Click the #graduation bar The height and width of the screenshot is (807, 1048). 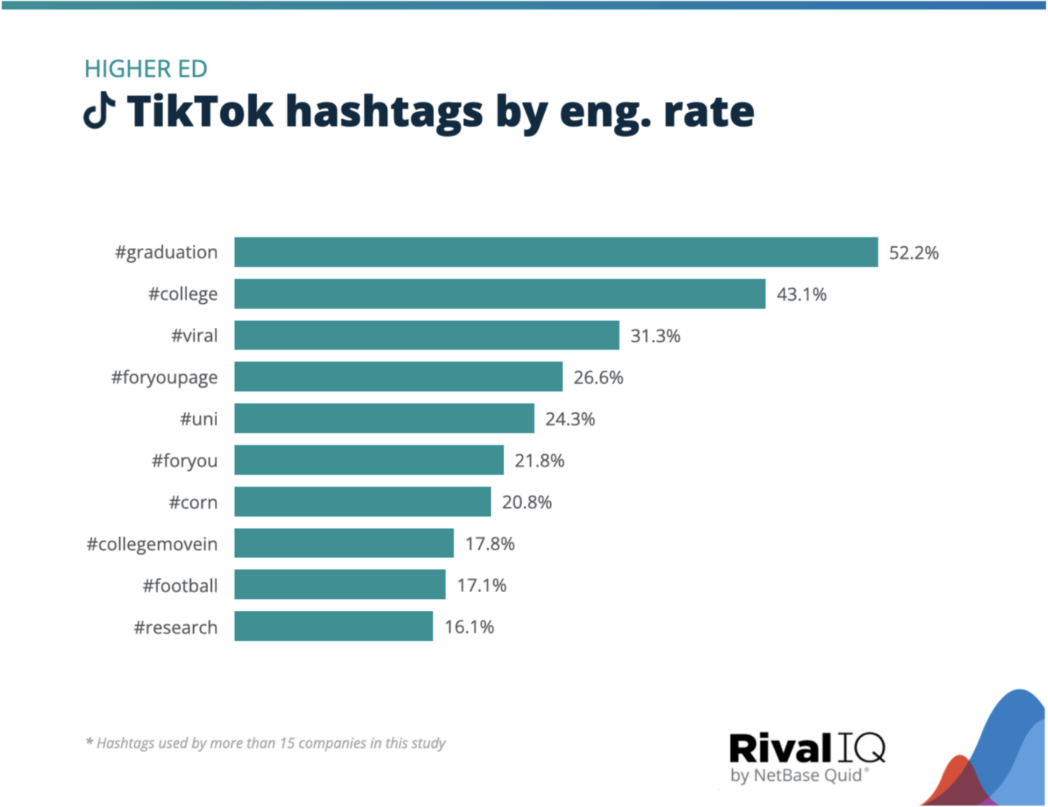pos(555,252)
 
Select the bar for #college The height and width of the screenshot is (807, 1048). pos(499,294)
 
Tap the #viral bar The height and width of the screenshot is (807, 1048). pos(427,335)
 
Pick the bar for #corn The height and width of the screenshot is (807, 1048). pos(362,502)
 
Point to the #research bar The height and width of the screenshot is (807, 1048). pos(333,627)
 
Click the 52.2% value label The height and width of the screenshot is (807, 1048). pos(913,253)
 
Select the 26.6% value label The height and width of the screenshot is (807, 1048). pos(598,377)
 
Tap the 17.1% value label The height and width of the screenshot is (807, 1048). pos(481,585)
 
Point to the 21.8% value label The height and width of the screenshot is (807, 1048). pos(539,460)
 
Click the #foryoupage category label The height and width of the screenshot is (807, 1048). pos(165,377)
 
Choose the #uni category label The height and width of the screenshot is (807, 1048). pos(198,418)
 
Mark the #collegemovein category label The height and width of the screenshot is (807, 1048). pos(152,543)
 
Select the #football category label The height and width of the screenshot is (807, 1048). pos(180,585)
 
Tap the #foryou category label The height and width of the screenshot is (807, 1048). pos(185,460)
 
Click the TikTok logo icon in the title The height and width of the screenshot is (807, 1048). pos(99,111)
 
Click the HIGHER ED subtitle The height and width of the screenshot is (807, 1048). pos(145,69)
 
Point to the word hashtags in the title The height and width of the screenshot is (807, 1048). pos(385,112)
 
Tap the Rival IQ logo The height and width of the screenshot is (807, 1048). pos(807,748)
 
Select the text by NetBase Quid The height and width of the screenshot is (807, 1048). pos(798,776)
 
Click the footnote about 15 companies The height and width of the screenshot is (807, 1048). pos(266,743)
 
